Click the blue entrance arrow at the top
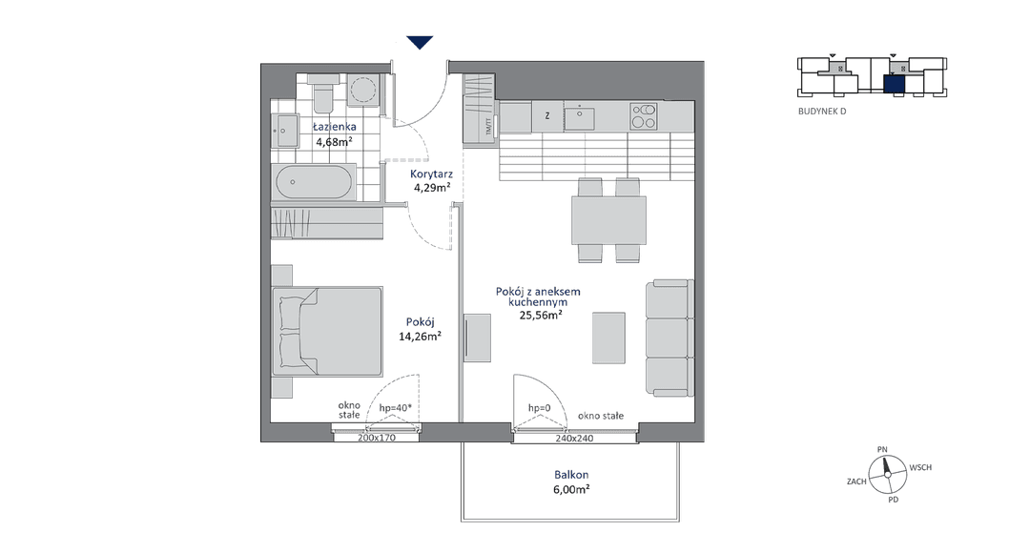click(419, 42)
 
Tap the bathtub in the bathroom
click(314, 182)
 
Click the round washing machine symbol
click(363, 90)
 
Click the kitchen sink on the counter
click(580, 118)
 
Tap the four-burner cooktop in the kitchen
click(643, 116)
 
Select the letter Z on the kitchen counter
click(547, 116)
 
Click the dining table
click(608, 220)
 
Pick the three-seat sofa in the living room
click(669, 338)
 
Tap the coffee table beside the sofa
click(608, 338)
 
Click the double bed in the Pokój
click(327, 331)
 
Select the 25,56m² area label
click(541, 315)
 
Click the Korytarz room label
click(431, 174)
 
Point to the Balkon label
click(571, 474)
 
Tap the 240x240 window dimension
click(574, 438)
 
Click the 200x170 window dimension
click(377, 438)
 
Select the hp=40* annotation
click(396, 408)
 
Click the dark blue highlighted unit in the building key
click(894, 84)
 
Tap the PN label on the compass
click(882, 449)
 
